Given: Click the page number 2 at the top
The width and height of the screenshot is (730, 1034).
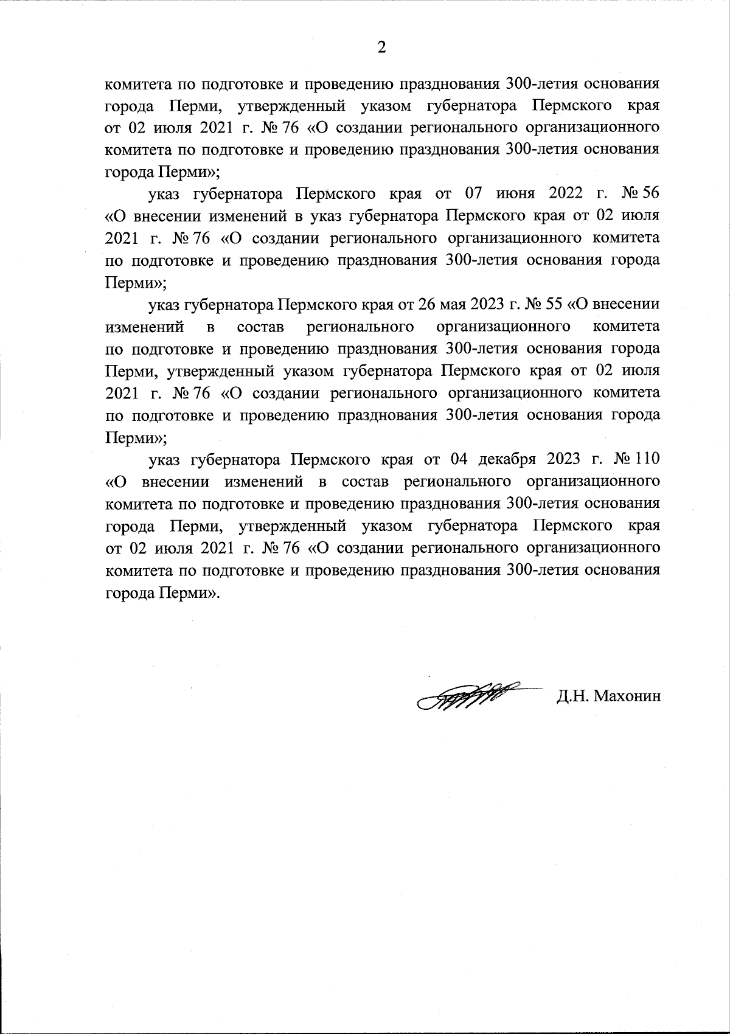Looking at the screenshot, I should click(381, 47).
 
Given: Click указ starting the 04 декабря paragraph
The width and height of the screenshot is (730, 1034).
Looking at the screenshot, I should click(167, 459).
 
